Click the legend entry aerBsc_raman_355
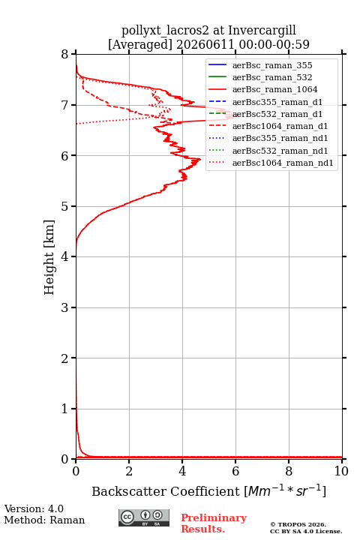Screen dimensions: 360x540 click(272, 65)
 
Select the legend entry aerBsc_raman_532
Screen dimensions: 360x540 click(272, 77)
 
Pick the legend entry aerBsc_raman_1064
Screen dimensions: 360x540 click(275, 89)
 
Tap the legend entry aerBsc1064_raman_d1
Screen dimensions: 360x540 click(280, 127)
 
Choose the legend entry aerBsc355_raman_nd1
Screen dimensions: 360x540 click(280, 139)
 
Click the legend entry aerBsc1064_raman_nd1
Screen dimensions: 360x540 click(283, 163)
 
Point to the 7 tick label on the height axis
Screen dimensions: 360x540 click(64, 105)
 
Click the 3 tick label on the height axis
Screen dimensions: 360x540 click(64, 307)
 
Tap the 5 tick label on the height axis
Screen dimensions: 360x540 click(64, 206)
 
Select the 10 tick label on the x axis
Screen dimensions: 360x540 click(341, 471)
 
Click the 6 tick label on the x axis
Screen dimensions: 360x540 click(235, 471)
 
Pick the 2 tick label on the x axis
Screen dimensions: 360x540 click(129, 471)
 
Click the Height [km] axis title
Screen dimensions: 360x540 click(49, 257)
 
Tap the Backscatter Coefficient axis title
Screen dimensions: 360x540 click(208, 491)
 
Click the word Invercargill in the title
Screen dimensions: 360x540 click(262, 31)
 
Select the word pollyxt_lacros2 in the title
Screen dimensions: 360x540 click(165, 31)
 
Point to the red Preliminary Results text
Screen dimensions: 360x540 click(214, 523)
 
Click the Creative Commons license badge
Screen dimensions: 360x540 click(144, 518)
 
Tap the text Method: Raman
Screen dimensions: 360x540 click(44, 520)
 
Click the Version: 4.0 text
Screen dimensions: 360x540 click(34, 508)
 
